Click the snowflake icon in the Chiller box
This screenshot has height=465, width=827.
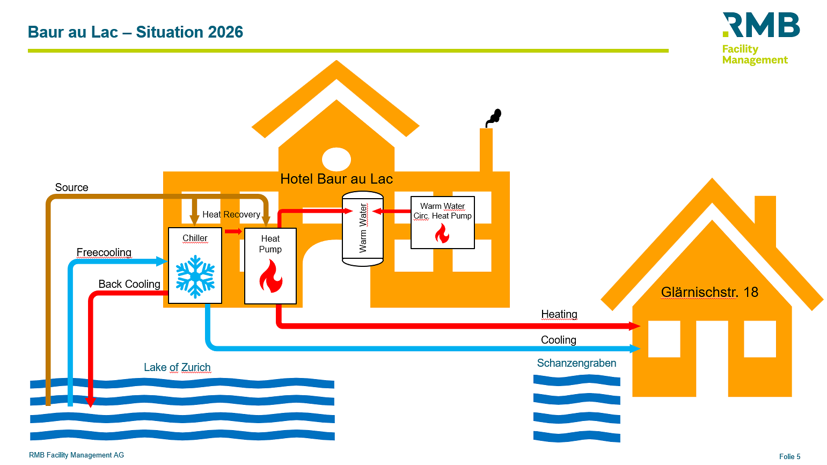point(195,277)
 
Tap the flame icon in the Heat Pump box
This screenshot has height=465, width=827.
point(270,276)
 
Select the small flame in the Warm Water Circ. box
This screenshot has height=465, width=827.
point(442,234)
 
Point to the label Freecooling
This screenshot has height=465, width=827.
point(104,252)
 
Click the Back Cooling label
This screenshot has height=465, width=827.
point(129,284)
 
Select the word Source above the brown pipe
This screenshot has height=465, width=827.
point(71,187)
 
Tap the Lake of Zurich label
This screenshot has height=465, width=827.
point(177,367)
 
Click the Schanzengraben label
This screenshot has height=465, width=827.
point(576,363)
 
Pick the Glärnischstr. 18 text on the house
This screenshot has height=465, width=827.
point(709,292)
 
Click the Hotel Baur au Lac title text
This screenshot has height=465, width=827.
point(336,179)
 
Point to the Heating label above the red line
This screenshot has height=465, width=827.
point(559,314)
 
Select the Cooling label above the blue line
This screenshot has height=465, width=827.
point(559,340)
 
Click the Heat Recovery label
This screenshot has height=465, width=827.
point(231,215)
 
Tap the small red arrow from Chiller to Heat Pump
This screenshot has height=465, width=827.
point(233,231)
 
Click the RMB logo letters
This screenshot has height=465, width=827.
point(762,25)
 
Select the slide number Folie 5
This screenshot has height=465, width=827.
point(789,456)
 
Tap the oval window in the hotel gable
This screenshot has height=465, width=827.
point(336,159)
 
